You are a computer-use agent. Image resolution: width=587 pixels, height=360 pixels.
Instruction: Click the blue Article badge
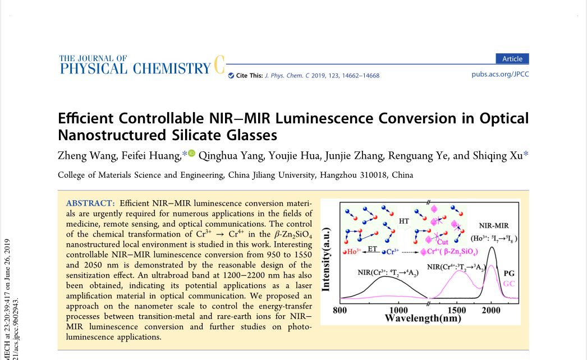[x=512, y=59]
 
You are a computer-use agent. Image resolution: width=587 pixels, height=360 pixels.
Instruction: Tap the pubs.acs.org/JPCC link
[x=500, y=74]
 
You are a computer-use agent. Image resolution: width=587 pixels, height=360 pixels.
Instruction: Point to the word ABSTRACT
[x=90, y=202]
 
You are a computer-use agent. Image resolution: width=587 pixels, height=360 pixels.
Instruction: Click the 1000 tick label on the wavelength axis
[x=398, y=310]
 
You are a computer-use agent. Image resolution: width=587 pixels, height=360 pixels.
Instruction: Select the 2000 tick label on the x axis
[x=492, y=310]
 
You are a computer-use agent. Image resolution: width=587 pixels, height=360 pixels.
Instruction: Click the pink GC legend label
[x=509, y=284]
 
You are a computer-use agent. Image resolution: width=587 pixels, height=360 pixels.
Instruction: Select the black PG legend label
[x=509, y=274]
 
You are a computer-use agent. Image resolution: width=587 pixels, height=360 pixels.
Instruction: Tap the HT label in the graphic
[x=404, y=221]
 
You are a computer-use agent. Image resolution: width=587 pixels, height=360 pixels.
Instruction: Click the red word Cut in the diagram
[x=450, y=242]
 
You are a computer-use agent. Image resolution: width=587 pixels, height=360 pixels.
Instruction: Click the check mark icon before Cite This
[x=231, y=76]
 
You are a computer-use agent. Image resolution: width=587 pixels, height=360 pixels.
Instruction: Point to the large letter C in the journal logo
[x=219, y=66]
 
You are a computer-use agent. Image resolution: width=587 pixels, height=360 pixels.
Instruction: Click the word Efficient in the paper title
[x=85, y=119]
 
